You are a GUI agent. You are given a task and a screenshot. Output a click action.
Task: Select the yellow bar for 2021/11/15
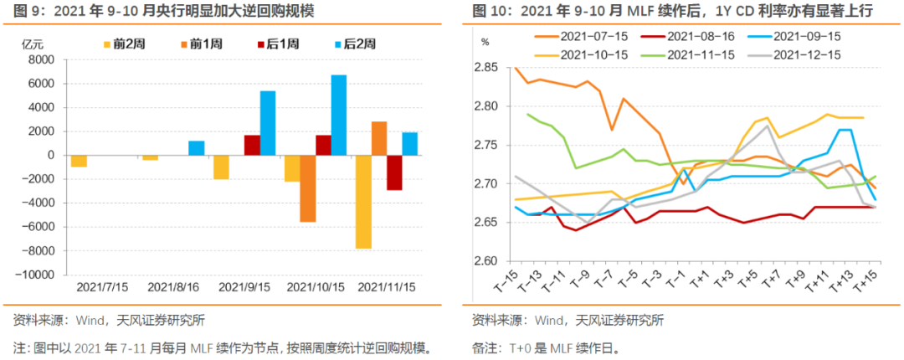click(363, 201)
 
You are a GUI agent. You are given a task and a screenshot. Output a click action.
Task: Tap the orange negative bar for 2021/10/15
click(307, 188)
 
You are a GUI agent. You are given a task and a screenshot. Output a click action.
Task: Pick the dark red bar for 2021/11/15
click(394, 172)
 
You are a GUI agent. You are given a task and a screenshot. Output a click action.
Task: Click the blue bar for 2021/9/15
click(267, 122)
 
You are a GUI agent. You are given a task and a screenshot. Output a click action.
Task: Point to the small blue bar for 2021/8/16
click(196, 147)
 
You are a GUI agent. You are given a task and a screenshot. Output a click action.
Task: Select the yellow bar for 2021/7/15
click(79, 161)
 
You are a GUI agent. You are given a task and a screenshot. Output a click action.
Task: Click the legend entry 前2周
click(124, 44)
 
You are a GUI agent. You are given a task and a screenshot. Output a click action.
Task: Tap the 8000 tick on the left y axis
click(45, 60)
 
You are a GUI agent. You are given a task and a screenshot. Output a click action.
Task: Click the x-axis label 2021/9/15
click(244, 286)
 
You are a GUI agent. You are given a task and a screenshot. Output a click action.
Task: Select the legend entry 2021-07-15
click(590, 37)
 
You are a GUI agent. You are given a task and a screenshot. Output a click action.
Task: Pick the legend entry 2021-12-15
click(807, 54)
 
